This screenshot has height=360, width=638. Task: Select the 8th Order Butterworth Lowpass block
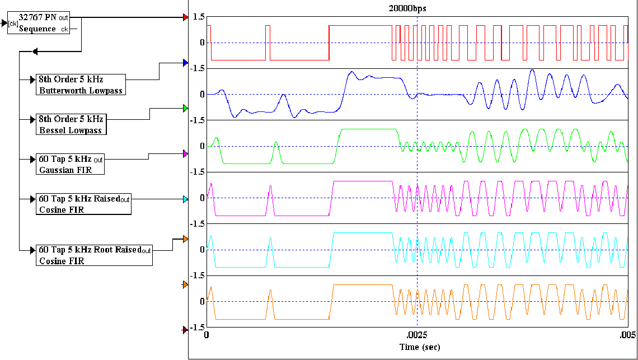pyautogui.click(x=80, y=84)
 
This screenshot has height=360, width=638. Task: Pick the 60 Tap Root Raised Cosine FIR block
pyautogui.click(x=93, y=255)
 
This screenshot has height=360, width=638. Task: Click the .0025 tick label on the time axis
pyautogui.click(x=416, y=336)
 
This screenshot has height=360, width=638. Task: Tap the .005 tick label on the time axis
pyautogui.click(x=627, y=336)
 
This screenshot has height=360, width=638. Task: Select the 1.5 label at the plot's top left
pyautogui.click(x=198, y=17)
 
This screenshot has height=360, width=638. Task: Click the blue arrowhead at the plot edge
pyautogui.click(x=185, y=63)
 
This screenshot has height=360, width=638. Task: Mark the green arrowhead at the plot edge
pyautogui.click(x=185, y=108)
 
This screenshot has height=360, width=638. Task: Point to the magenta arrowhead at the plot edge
pyautogui.click(x=185, y=153)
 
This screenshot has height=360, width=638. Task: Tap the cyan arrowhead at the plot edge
pyautogui.click(x=185, y=199)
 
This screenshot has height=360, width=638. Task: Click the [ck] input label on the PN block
pyautogui.click(x=13, y=24)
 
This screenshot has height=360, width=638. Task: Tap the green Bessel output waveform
pyautogui.click(x=364, y=129)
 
